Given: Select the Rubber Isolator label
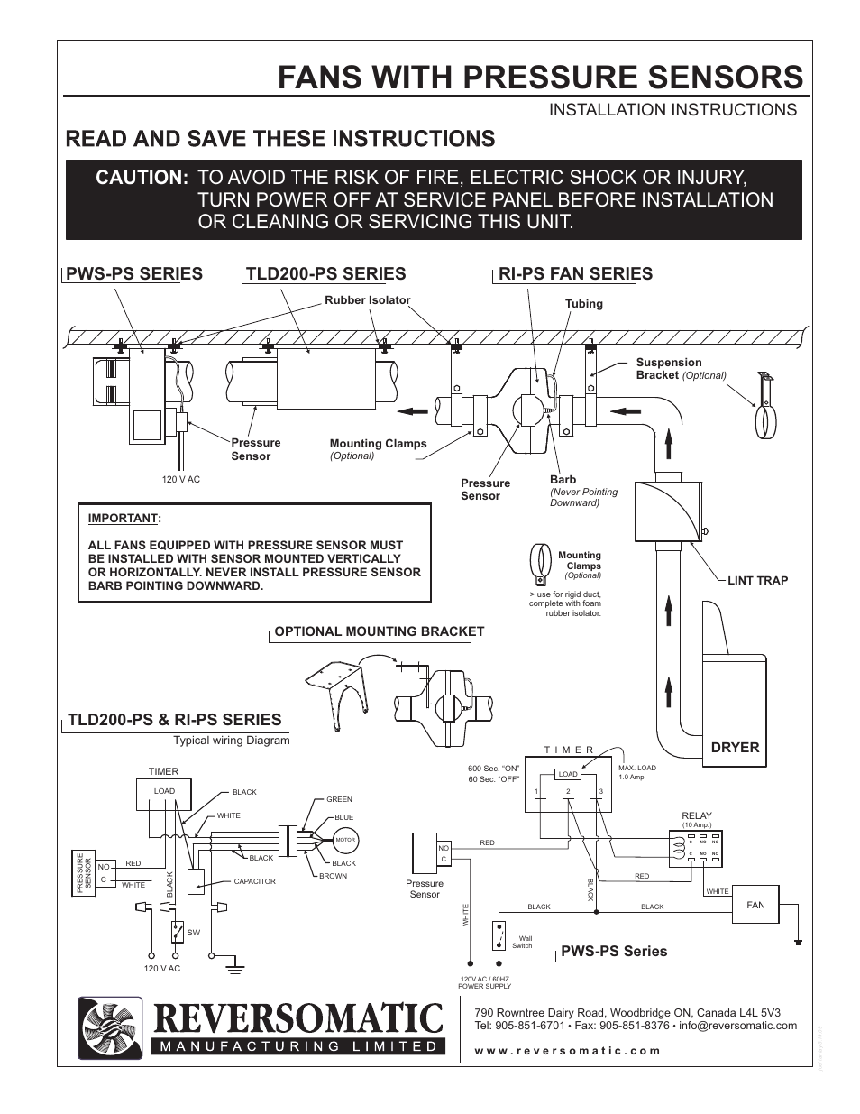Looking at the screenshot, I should (x=367, y=300).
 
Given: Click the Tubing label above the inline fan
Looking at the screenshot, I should (x=583, y=304).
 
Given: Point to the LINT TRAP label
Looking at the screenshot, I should (x=757, y=580).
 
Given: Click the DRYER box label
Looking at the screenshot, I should (x=735, y=747).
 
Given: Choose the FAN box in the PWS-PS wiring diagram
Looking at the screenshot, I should (x=755, y=905).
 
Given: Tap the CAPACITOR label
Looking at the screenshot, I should (x=254, y=881).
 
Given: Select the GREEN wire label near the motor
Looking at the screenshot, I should (x=339, y=799).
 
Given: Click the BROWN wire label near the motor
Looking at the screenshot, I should (x=333, y=876).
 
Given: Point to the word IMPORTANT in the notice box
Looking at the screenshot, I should (x=123, y=519).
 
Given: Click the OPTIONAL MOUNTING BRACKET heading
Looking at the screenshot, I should (x=379, y=631).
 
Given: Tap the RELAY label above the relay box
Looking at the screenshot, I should (x=697, y=815).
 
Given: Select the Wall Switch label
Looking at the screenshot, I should (x=523, y=942).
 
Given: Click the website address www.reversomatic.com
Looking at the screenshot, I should (x=567, y=1051).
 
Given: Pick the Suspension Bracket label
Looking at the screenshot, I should (x=669, y=368).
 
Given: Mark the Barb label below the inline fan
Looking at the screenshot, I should (x=563, y=480).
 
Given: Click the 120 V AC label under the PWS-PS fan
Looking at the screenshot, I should (x=180, y=479).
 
